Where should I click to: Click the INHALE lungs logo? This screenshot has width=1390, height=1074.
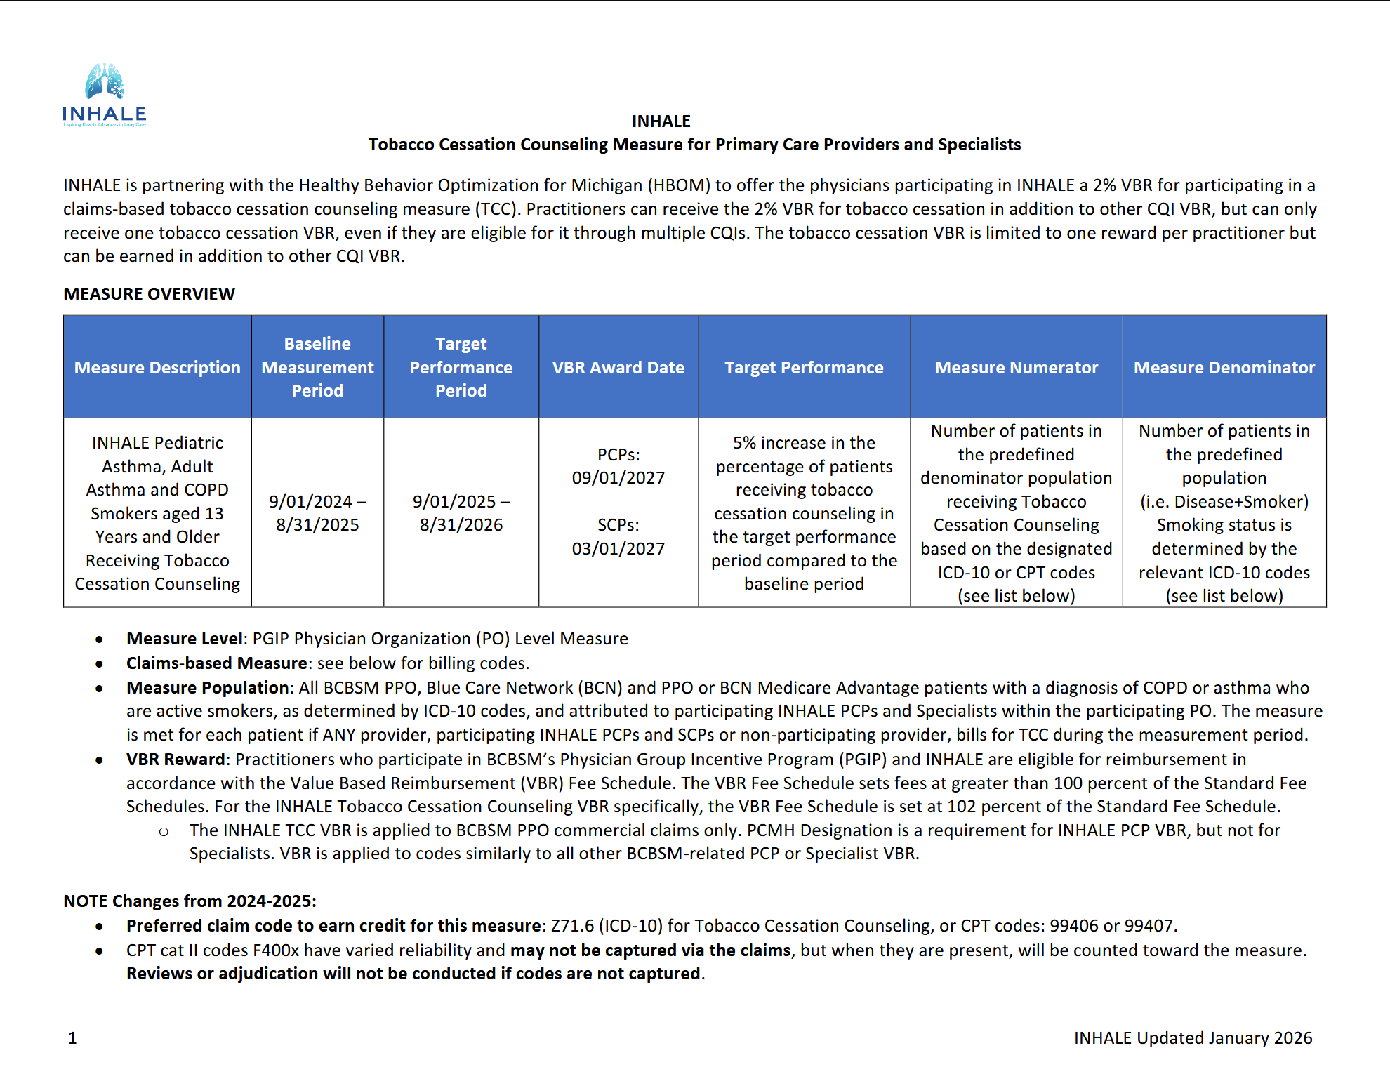[104, 94]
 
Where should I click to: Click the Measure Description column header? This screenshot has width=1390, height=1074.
[157, 367]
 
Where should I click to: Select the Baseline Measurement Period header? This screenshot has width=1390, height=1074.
[317, 367]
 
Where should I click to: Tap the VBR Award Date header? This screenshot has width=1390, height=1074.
[618, 367]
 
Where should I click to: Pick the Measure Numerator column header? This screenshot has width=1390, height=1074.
[1016, 367]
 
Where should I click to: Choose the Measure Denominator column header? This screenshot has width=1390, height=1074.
[1224, 367]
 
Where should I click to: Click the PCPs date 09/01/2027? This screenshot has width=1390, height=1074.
[618, 478]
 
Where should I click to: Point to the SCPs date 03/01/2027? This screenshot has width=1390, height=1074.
[618, 549]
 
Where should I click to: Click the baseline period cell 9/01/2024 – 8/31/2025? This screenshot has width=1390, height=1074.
[317, 513]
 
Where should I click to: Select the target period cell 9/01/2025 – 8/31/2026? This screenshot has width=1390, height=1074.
[461, 513]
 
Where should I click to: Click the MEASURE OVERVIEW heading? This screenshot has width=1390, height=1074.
[149, 294]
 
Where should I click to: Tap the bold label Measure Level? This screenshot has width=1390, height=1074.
[184, 639]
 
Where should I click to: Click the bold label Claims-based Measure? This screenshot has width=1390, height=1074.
[216, 663]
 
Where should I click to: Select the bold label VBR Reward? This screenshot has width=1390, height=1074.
[176, 760]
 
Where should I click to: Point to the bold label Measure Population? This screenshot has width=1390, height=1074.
[208, 688]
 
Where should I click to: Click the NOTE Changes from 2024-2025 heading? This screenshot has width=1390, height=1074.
[190, 901]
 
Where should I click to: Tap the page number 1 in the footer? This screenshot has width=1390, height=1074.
[72, 1038]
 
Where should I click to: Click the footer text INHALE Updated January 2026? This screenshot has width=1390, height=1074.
[1193, 1038]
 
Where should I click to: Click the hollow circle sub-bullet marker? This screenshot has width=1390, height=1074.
[164, 832]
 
